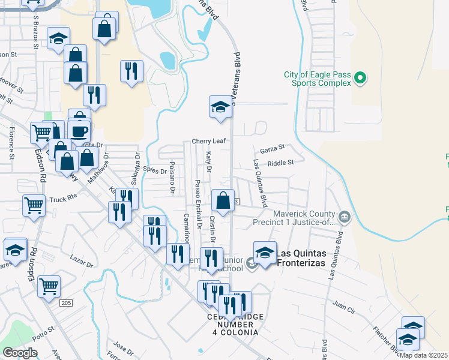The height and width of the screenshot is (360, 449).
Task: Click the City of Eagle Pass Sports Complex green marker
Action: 360,78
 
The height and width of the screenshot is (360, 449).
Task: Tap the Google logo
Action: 20,353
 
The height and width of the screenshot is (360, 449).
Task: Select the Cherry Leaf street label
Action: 207,141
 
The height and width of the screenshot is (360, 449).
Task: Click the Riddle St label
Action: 281,163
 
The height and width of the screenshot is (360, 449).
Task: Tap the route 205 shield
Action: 66,303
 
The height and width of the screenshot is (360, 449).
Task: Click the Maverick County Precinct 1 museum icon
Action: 344,217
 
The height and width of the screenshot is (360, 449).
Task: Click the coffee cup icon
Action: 80,130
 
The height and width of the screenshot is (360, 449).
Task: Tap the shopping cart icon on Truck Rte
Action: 34,205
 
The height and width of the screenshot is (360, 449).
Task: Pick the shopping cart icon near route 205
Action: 49,286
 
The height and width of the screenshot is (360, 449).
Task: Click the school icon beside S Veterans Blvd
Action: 220,108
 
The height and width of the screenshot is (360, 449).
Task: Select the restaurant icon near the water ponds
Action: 131,70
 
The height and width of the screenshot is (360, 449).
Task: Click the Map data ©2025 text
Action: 424,355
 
